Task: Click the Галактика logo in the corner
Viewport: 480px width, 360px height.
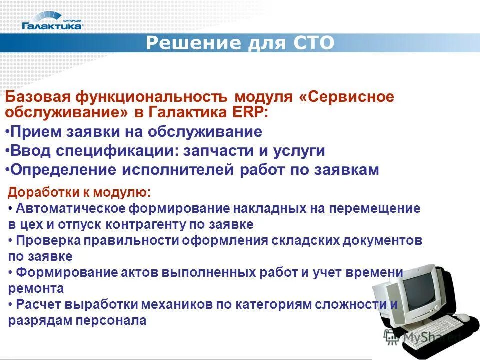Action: tap(52, 22)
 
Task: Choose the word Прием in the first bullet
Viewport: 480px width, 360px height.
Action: tap(32, 132)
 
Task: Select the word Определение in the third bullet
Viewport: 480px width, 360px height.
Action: tap(62, 170)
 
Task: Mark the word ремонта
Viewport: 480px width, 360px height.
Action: tap(36, 288)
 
